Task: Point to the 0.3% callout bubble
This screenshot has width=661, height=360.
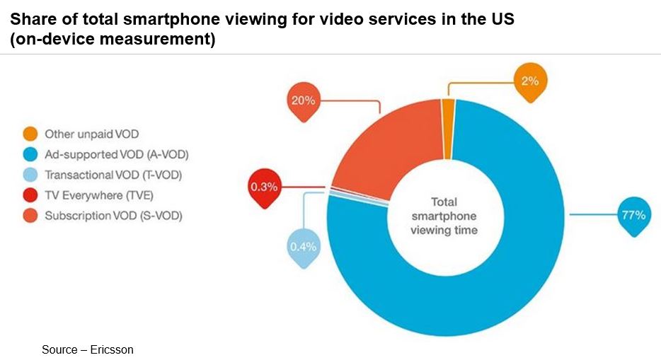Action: pos(263,187)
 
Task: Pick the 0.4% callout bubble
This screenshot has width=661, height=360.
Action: pos(302,247)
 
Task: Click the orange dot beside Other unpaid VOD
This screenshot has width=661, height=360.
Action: pos(30,134)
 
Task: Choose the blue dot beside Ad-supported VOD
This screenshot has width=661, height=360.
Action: pos(30,154)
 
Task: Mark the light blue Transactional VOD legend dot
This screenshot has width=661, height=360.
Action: pos(30,175)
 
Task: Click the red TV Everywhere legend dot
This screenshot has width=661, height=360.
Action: pos(30,195)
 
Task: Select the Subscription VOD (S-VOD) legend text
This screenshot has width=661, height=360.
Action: pos(113,216)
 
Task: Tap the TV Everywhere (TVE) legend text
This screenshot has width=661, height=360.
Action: pos(99,195)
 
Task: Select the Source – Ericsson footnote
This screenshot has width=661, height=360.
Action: pos(87,349)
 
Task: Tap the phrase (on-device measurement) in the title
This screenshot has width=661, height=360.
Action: pos(113,39)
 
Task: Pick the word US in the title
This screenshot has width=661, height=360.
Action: pos(500,19)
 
